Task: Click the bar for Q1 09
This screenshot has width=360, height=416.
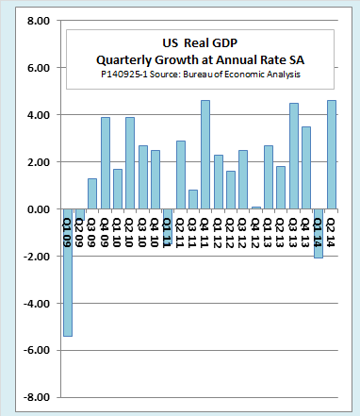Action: click(68, 273)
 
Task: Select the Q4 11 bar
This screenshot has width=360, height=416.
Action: click(205, 155)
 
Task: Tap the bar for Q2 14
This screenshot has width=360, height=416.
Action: click(332, 155)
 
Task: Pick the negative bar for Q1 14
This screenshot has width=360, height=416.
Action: click(319, 233)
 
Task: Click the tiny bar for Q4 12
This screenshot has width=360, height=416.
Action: click(256, 208)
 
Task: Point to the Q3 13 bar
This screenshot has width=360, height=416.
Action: click(294, 156)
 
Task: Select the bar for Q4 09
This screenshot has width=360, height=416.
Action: click(106, 163)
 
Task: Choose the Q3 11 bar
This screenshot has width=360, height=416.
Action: click(193, 199)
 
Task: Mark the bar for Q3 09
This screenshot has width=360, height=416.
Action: click(92, 193)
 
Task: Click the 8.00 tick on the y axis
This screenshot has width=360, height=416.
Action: click(39, 21)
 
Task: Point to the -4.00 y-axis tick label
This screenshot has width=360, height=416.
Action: click(37, 304)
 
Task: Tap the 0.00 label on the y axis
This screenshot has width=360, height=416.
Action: click(39, 209)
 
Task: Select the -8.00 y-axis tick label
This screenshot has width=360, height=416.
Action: click(37, 397)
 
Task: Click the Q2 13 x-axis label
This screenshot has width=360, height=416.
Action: click(280, 233)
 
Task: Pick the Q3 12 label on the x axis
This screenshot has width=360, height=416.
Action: click(242, 233)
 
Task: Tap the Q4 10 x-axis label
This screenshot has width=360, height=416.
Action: click(155, 233)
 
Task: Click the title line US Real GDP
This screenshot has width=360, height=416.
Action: click(200, 43)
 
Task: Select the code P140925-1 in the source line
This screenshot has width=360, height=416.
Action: click(124, 75)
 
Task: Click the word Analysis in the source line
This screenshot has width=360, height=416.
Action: click(284, 75)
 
